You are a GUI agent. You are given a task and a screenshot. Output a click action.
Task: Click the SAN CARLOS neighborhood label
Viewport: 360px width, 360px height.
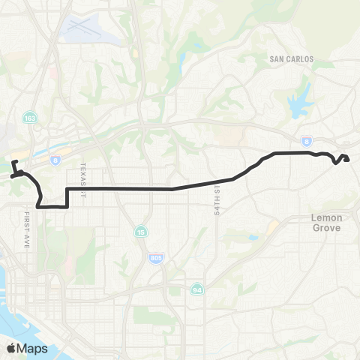tap(290, 58)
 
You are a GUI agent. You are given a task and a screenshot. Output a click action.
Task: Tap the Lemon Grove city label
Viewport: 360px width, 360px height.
tap(326, 222)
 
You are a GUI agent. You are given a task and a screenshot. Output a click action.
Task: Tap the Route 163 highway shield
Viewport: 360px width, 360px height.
tap(29, 118)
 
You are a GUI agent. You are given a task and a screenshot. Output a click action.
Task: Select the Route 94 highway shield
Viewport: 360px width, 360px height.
tap(196, 289)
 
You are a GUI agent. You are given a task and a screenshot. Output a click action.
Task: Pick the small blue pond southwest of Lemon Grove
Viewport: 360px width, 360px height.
tap(253, 238)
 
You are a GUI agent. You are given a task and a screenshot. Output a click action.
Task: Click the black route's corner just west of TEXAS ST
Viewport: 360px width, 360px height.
tap(68, 190)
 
